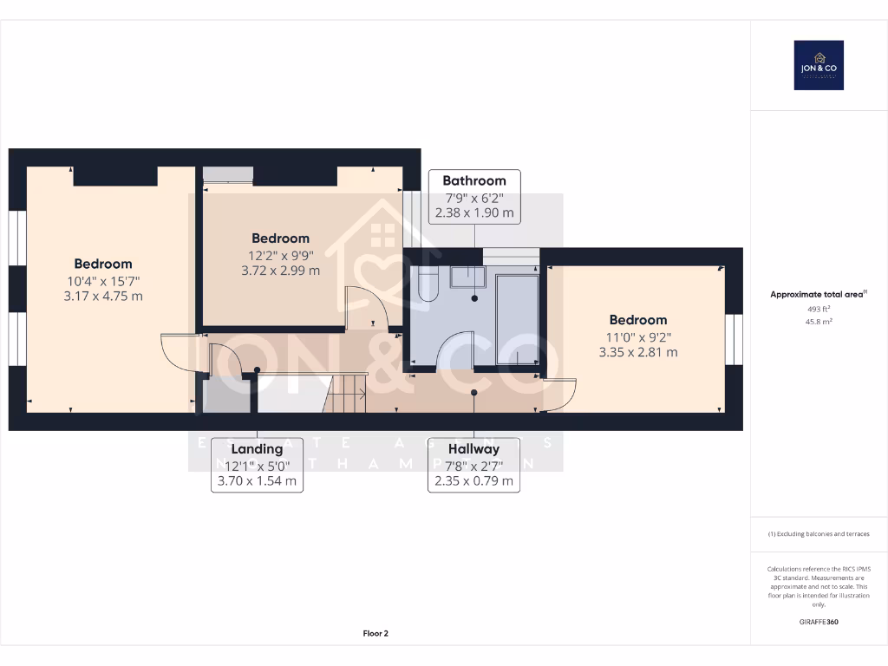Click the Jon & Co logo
pos(819,65)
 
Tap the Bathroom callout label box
pos(474,196)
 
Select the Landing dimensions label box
pos(257,465)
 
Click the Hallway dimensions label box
pos(473,465)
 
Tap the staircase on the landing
pos(346,392)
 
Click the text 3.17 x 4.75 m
pos(103,296)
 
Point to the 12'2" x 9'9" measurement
pos(281,255)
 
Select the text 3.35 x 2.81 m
pos(638,352)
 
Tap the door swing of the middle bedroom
pos(363,307)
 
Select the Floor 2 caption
pos(375,634)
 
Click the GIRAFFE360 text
pos(819,622)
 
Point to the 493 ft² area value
pos(819,309)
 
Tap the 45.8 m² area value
pos(819,321)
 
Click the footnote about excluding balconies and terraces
pos(819,534)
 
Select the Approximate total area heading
pos(818,295)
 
